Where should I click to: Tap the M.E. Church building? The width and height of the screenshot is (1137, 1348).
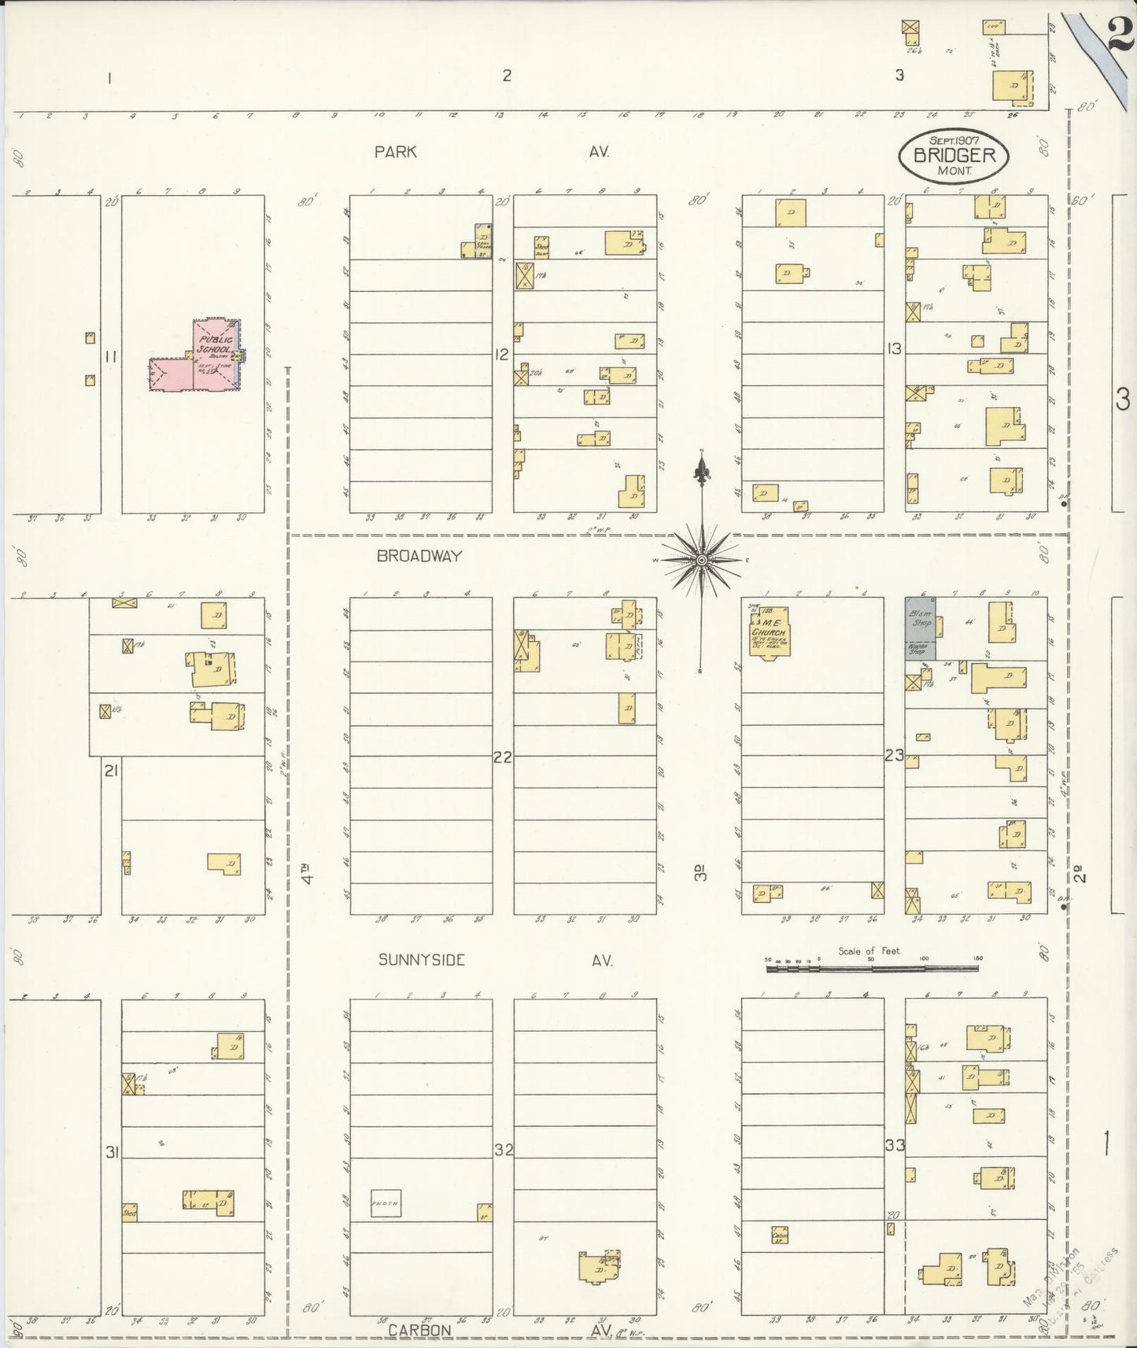[770, 631]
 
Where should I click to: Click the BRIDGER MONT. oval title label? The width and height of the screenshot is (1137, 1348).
[954, 156]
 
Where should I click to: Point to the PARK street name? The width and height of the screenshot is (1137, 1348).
[395, 152]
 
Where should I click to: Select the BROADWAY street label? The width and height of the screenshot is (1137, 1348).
[419, 556]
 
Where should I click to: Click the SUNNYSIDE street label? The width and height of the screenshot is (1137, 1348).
[421, 959]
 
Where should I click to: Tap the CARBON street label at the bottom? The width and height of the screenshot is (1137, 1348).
[419, 1330]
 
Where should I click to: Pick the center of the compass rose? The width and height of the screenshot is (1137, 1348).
[700, 559]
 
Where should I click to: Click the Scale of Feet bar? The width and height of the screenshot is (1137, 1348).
[873, 969]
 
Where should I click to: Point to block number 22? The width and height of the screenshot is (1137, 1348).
[502, 757]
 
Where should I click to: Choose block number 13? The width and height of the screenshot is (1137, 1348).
[893, 348]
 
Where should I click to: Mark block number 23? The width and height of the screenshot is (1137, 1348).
[894, 756]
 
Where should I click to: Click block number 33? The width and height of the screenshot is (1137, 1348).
[895, 1145]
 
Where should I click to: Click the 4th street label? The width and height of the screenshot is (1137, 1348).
[309, 874]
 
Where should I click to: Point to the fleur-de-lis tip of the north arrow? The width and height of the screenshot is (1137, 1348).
[700, 470]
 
